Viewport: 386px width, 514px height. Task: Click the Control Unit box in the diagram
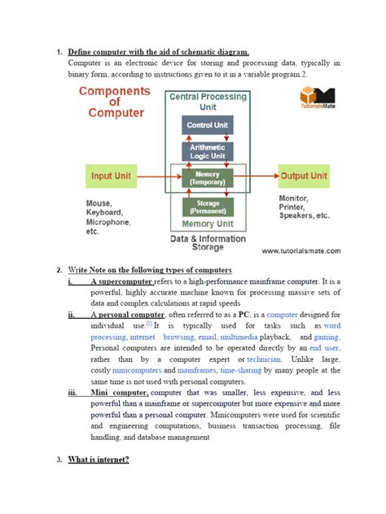pyautogui.click(x=208, y=126)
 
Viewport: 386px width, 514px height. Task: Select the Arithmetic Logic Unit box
pyautogui.click(x=208, y=151)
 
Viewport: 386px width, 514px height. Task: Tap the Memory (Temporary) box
pyautogui.click(x=208, y=178)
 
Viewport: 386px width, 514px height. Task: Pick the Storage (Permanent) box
pyautogui.click(x=208, y=207)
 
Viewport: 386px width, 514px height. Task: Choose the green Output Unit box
pyautogui.click(x=304, y=176)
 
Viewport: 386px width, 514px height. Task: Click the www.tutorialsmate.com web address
pyautogui.click(x=300, y=251)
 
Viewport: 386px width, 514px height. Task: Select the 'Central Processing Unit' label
pyautogui.click(x=208, y=102)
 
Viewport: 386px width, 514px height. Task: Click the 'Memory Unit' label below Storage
pyautogui.click(x=208, y=224)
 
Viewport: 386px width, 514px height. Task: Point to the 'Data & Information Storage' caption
pyautogui.click(x=207, y=244)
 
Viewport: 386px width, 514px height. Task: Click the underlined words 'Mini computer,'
pyautogui.click(x=120, y=392)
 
